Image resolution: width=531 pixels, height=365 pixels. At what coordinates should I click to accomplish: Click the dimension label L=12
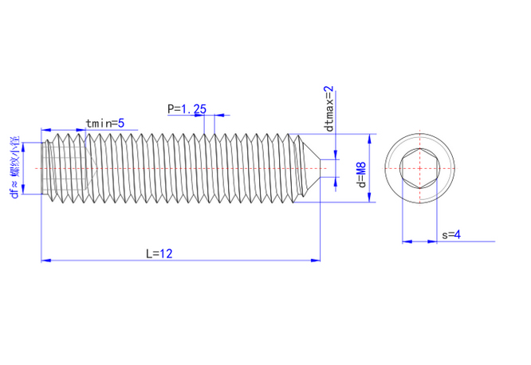pyautogui.click(x=159, y=253)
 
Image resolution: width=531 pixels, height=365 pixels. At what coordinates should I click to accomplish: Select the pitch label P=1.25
pyautogui.click(x=187, y=108)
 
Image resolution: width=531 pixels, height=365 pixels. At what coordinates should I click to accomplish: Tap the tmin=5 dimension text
pyautogui.click(x=104, y=123)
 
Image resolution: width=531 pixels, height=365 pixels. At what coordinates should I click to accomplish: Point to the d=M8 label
pyautogui.click(x=361, y=170)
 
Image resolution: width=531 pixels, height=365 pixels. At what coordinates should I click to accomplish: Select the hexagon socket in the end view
pyautogui.click(x=419, y=169)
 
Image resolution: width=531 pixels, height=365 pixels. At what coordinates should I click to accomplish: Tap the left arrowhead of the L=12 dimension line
pyautogui.click(x=45, y=260)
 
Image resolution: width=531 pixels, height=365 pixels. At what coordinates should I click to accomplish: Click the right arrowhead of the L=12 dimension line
pyautogui.click(x=317, y=260)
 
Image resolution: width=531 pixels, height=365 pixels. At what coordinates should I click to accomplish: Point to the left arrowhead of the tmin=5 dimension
pyautogui.click(x=45, y=129)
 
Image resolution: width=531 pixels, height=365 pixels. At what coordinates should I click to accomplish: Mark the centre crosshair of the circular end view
pyautogui.click(x=419, y=169)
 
